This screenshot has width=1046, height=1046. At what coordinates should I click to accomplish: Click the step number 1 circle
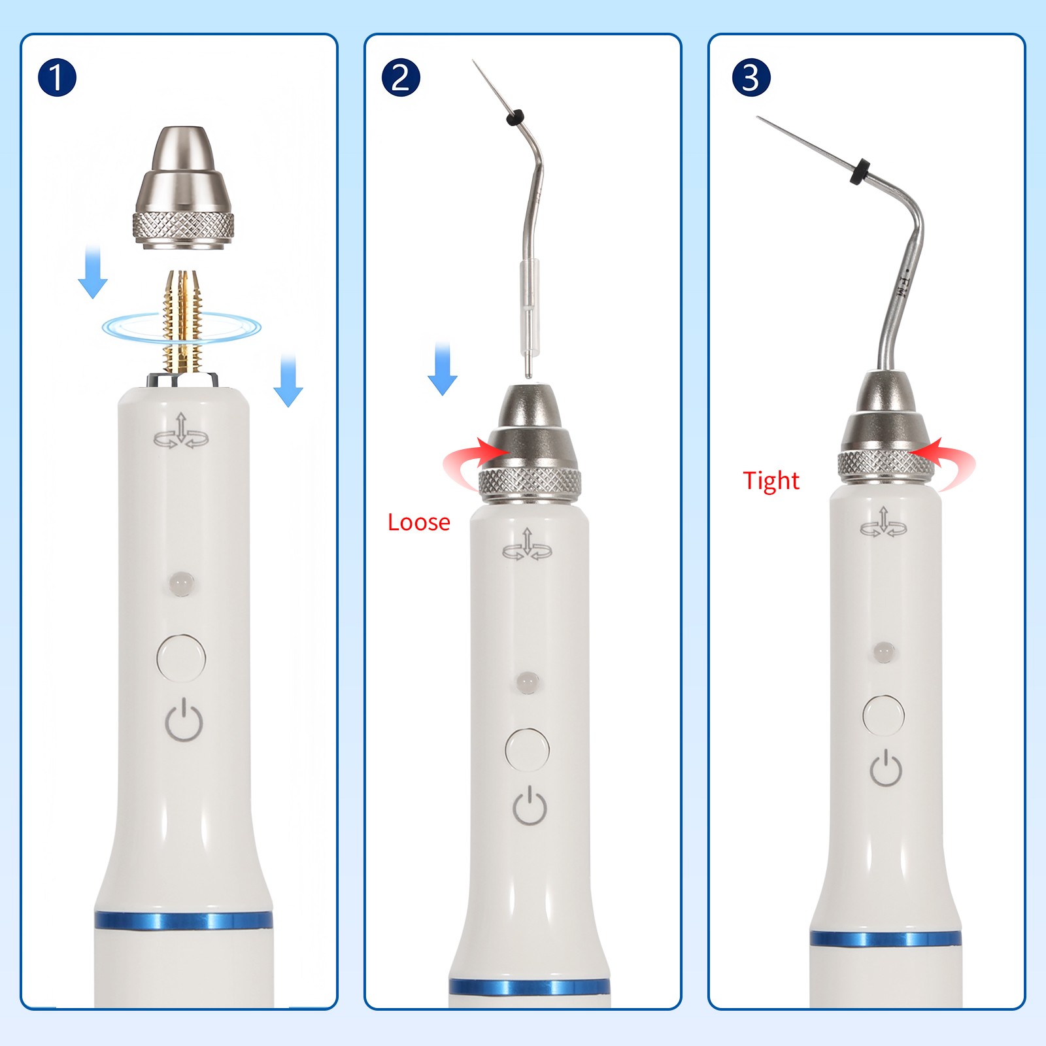point(57,78)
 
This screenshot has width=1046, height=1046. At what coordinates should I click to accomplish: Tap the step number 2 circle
point(400,78)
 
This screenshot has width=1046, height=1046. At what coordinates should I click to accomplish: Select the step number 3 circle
point(751,78)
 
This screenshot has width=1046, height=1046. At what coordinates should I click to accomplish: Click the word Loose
point(418,522)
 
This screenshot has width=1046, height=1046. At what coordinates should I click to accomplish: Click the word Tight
point(771,481)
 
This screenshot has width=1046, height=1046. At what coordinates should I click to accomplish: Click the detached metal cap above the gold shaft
point(183,190)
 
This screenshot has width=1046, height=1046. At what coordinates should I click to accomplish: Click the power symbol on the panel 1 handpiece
point(184,720)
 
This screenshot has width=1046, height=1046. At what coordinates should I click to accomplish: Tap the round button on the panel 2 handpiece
point(527,749)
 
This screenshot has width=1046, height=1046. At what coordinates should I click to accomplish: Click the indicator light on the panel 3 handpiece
point(883,652)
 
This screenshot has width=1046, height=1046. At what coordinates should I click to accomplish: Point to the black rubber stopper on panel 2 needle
point(515,118)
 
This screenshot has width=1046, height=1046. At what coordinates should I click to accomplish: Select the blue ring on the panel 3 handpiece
point(885,939)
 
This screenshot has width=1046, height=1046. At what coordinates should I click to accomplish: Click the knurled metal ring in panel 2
point(530,482)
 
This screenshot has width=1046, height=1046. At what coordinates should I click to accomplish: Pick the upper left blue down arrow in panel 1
point(93,272)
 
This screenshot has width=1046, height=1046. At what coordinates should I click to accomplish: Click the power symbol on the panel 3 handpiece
point(886,768)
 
